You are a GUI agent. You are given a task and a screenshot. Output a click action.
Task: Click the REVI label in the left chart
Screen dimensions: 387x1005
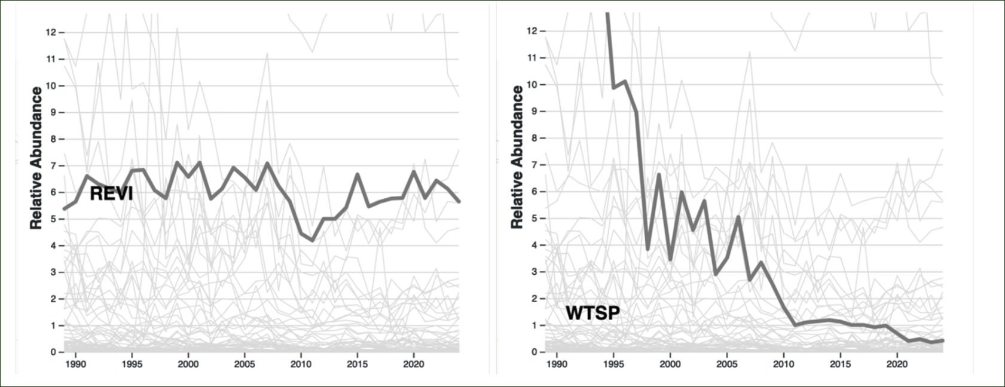coord(111,193)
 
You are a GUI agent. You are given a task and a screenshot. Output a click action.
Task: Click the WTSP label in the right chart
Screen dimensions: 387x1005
coord(592,313)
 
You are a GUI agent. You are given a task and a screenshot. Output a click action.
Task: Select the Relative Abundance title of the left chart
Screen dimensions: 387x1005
coord(36,158)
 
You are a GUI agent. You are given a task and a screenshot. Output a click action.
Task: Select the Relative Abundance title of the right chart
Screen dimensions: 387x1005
coord(517,157)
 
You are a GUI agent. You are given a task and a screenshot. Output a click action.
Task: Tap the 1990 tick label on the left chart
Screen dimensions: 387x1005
coord(75,364)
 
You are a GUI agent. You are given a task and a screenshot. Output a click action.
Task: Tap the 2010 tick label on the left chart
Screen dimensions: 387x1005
coord(301,364)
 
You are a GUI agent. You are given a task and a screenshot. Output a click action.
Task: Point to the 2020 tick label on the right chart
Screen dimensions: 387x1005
coord(897,364)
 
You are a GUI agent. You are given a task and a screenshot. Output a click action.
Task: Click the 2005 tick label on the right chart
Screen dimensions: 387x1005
coord(727,364)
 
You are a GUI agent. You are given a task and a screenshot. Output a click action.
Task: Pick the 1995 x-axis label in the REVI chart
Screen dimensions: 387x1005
coord(132,364)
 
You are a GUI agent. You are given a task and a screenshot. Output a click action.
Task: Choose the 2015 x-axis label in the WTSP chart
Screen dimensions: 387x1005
coord(840,364)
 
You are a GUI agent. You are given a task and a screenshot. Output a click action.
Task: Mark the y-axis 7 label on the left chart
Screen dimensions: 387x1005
coord(53,165)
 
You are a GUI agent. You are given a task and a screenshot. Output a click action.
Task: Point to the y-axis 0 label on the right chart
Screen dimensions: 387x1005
coord(534,352)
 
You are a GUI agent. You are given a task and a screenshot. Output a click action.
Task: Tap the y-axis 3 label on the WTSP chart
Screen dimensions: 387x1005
coord(534,272)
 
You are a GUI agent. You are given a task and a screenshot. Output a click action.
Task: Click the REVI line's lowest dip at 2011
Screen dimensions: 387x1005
coord(312,240)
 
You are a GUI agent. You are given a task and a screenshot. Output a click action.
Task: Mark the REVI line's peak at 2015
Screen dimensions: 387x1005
coord(357,174)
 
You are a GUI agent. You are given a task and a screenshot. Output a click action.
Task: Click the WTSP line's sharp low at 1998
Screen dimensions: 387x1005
coord(647,249)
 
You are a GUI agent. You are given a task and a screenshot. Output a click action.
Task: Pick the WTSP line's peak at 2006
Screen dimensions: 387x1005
coord(738,217)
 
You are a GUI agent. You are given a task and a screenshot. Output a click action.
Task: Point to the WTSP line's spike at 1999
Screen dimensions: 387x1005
coord(659,175)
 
